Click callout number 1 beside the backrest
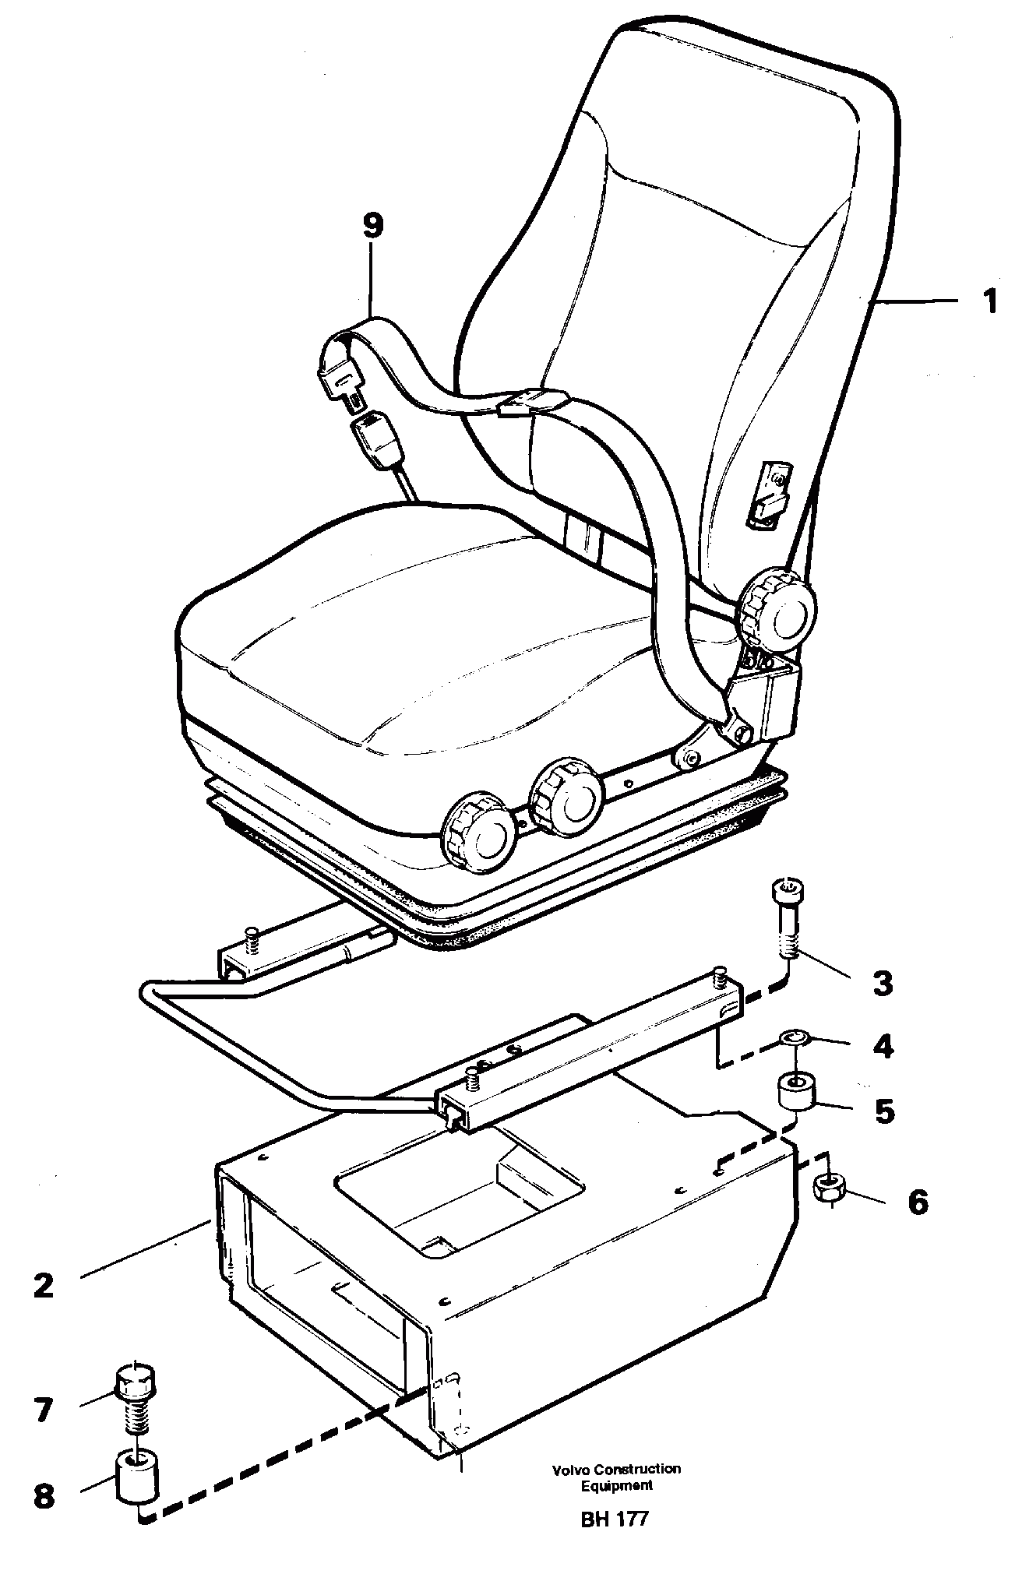[988, 302]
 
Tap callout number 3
[881, 984]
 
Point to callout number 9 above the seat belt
[373, 226]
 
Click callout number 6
[918, 1202]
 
